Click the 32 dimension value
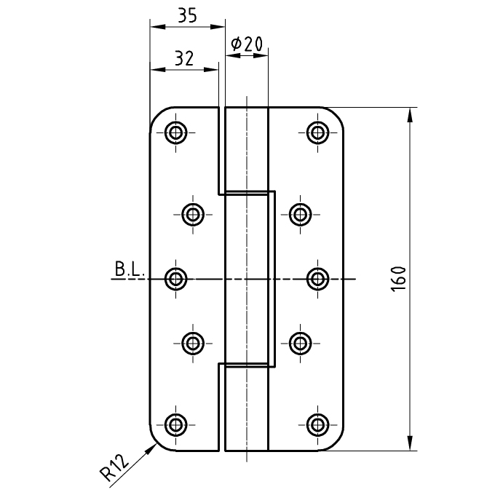[183, 59]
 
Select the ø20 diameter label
[246, 44]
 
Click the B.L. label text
[130, 270]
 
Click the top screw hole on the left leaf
[175, 132]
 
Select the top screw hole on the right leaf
[317, 132]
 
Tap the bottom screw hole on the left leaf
[175, 424]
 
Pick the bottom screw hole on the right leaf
[317, 424]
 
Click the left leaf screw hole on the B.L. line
[175, 279]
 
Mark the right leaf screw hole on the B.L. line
[317, 279]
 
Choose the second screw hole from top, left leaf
[192, 214]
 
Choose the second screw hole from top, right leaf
[300, 214]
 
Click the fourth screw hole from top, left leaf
[192, 342]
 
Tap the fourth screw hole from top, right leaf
[300, 342]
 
